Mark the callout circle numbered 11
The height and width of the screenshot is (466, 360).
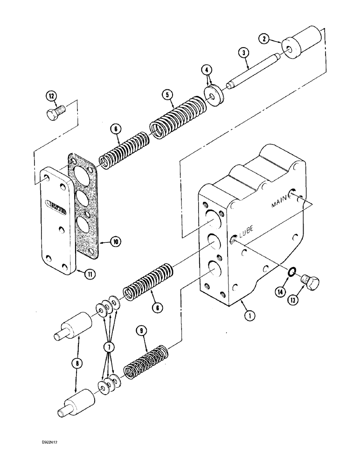[89, 274]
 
